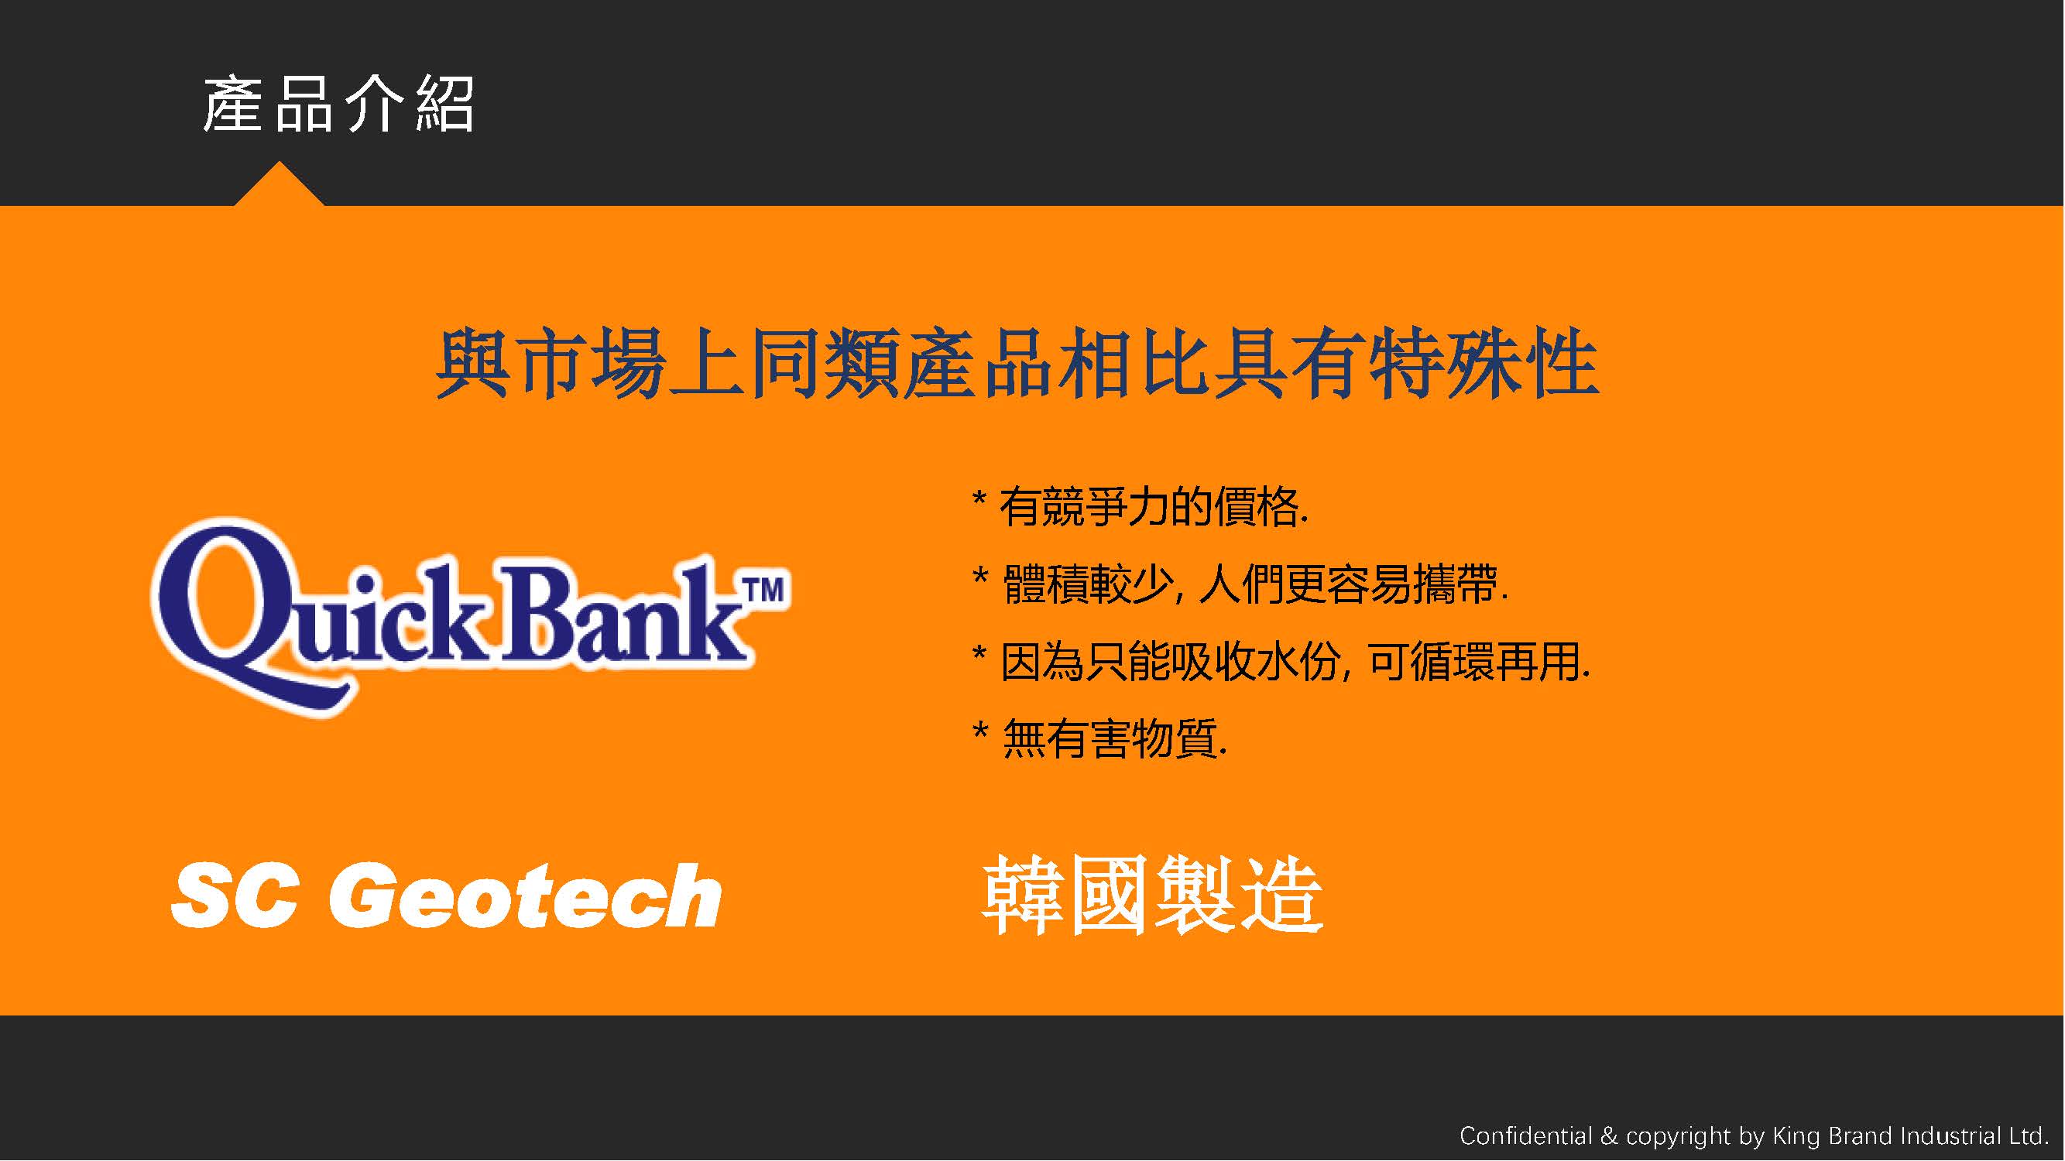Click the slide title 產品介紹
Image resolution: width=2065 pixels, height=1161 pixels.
pos(338,104)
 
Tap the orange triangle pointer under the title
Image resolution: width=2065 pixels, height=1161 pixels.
pos(279,187)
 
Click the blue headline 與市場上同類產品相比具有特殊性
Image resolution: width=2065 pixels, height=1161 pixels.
pos(1017,364)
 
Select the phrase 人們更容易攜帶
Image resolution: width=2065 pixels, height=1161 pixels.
pos(1354,584)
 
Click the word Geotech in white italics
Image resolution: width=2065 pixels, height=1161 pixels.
pos(526,896)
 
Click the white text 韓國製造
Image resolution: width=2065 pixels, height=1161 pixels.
pos(1152,894)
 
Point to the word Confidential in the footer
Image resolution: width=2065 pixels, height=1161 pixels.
pos(1525,1135)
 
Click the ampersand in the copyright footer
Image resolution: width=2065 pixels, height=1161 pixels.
pos(1609,1136)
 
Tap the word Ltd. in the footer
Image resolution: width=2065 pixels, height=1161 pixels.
pos(2029,1135)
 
